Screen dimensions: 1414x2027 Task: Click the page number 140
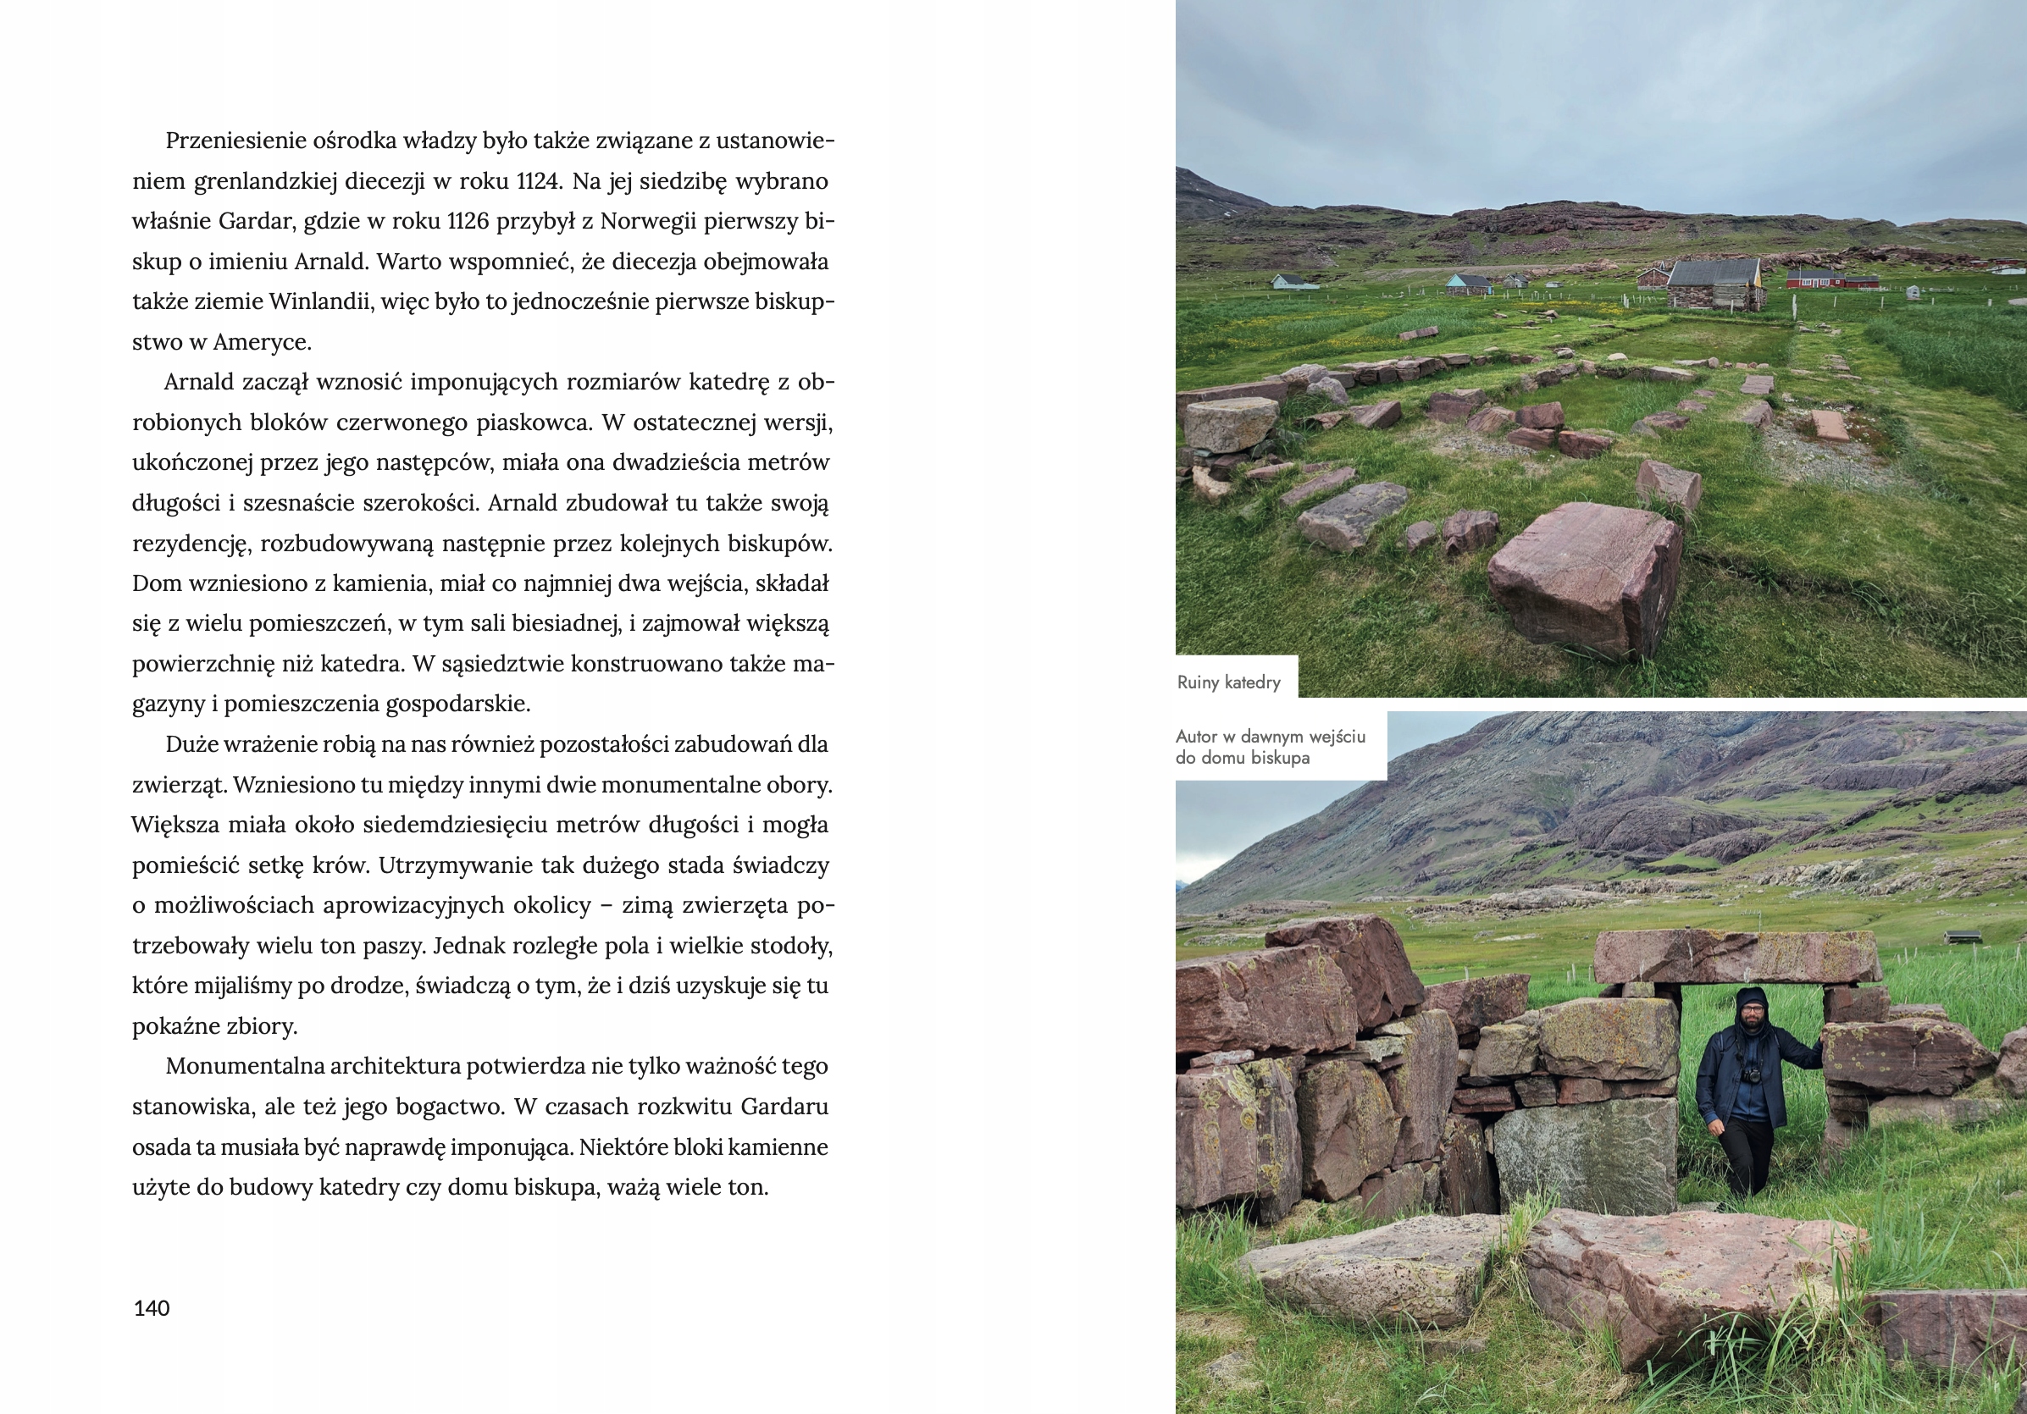tap(151, 1308)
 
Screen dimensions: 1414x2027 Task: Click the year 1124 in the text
tap(537, 181)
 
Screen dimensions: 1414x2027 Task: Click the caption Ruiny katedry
tap(1228, 682)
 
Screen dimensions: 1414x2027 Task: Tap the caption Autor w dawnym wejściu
tap(1271, 736)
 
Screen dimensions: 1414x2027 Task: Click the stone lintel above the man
tap(1736, 957)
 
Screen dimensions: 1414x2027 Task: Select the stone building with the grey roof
tap(1714, 284)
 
